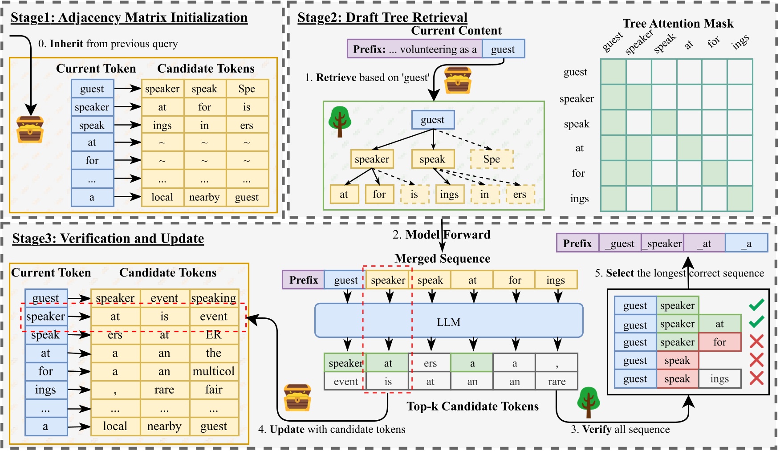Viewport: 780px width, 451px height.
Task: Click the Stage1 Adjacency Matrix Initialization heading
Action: pyautogui.click(x=129, y=18)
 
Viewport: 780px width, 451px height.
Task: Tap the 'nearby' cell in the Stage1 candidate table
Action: pyautogui.click(x=204, y=197)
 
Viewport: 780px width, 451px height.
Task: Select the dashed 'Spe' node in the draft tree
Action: pyautogui.click(x=492, y=159)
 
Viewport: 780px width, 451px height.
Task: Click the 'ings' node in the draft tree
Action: pyautogui.click(x=449, y=195)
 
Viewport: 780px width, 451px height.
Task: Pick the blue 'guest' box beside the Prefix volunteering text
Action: pyautogui.click(x=503, y=49)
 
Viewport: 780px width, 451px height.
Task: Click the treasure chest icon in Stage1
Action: pyautogui.click(x=30, y=129)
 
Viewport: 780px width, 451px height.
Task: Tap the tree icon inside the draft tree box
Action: pyautogui.click(x=340, y=121)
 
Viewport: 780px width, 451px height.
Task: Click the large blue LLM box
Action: pyautogui.click(x=448, y=321)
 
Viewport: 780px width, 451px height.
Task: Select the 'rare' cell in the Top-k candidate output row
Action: pyautogui.click(x=557, y=382)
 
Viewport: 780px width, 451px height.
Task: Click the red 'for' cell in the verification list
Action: pyautogui.click(x=719, y=342)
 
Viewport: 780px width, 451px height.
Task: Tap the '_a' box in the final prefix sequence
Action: pyautogui.click(x=746, y=244)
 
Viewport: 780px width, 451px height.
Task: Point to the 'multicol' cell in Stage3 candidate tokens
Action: pyautogui.click(x=214, y=371)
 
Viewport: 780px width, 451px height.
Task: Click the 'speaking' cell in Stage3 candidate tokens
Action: pyautogui.click(x=214, y=298)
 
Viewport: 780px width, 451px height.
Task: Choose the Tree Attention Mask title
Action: pyautogui.click(x=678, y=23)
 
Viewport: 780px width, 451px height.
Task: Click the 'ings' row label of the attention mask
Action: pyautogui.click(x=579, y=199)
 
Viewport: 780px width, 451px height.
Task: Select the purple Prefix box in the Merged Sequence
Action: pyautogui.click(x=303, y=280)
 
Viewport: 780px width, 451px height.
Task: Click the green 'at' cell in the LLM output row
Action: pyautogui.click(x=388, y=363)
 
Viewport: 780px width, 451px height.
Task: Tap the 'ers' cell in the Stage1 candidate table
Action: pyautogui.click(x=247, y=126)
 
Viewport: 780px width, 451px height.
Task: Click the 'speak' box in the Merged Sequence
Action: pyautogui.click(x=430, y=280)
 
